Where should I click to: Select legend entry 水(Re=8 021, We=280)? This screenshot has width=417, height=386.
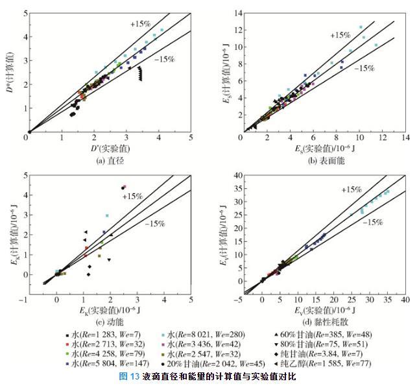pos(211,334)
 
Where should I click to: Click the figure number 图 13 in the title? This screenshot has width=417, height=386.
pos(130,377)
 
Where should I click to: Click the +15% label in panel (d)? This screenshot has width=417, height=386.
pos(352,189)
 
